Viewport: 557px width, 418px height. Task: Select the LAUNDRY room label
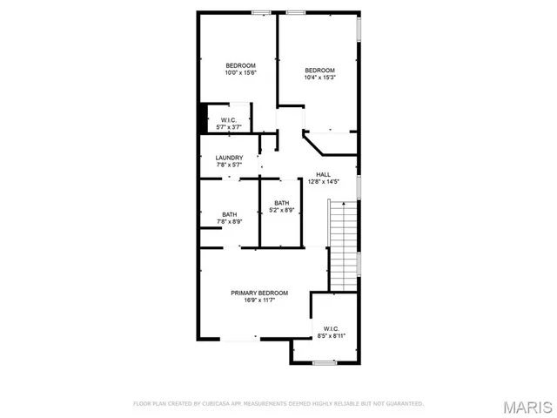(x=229, y=158)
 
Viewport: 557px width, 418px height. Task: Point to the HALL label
(x=323, y=174)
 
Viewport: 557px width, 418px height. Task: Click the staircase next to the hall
(x=342, y=243)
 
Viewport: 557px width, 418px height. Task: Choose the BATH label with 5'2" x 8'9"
(x=282, y=203)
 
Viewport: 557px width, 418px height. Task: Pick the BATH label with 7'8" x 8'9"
(x=229, y=214)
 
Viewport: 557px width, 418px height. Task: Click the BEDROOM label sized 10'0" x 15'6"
(x=240, y=66)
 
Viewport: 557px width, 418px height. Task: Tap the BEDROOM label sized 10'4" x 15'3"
(x=319, y=70)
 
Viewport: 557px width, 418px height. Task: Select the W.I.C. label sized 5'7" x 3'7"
(x=229, y=120)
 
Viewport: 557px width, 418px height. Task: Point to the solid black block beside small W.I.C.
(x=204, y=118)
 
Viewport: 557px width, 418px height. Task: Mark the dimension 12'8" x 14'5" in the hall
(x=323, y=182)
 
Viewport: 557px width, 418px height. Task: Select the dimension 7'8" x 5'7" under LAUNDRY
(x=229, y=165)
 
